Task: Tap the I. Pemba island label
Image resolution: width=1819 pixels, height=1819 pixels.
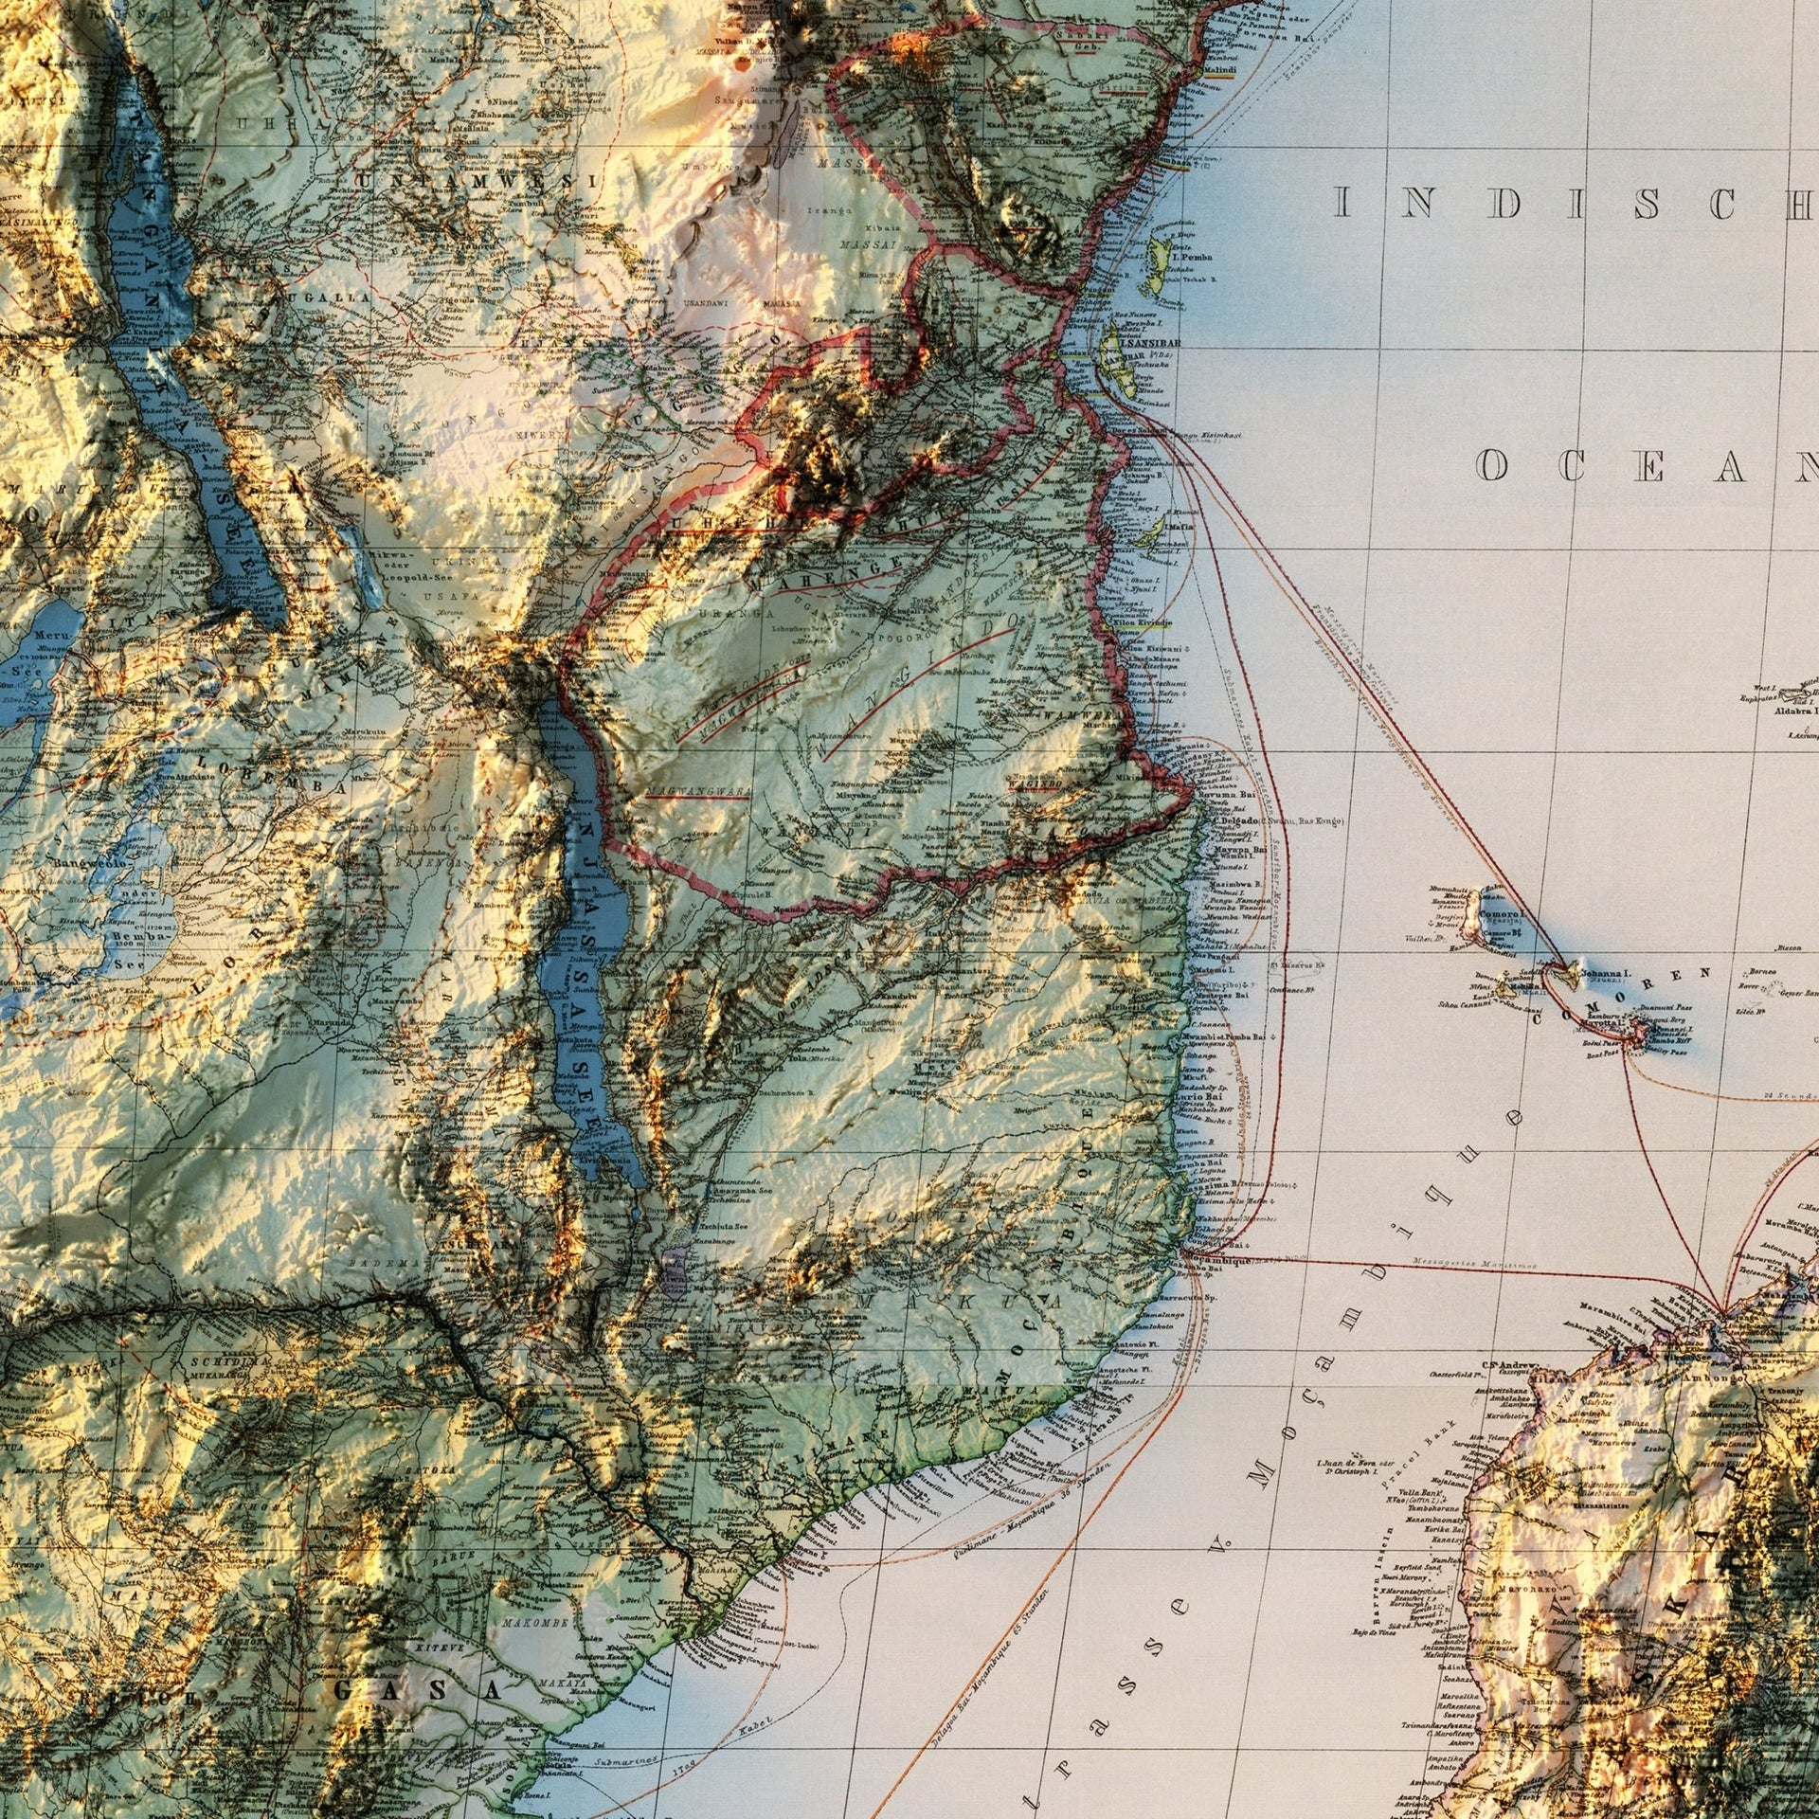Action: coord(1191,256)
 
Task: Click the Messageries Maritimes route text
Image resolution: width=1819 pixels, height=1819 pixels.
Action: coord(1473,1263)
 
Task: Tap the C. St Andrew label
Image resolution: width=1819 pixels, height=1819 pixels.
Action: coord(1514,1365)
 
